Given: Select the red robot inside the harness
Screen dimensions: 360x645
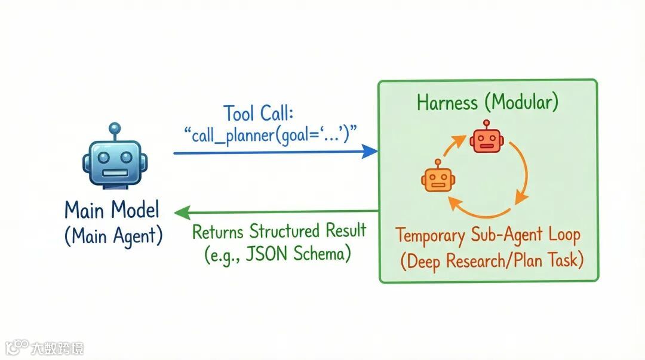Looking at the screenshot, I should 486,139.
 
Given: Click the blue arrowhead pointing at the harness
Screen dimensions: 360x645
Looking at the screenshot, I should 371,153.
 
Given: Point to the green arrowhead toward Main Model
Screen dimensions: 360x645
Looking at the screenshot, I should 181,211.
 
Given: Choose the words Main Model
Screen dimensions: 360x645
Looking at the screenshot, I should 112,210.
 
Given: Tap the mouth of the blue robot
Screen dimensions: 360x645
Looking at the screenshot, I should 113,173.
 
